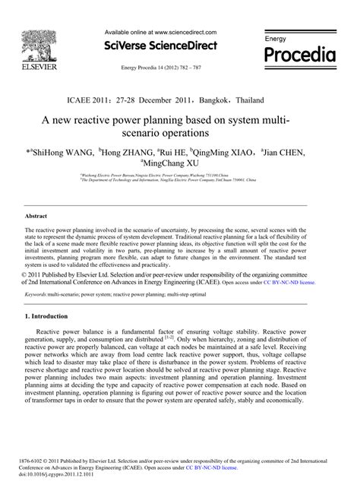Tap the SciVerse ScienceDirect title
[160, 46]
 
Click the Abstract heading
[37, 216]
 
